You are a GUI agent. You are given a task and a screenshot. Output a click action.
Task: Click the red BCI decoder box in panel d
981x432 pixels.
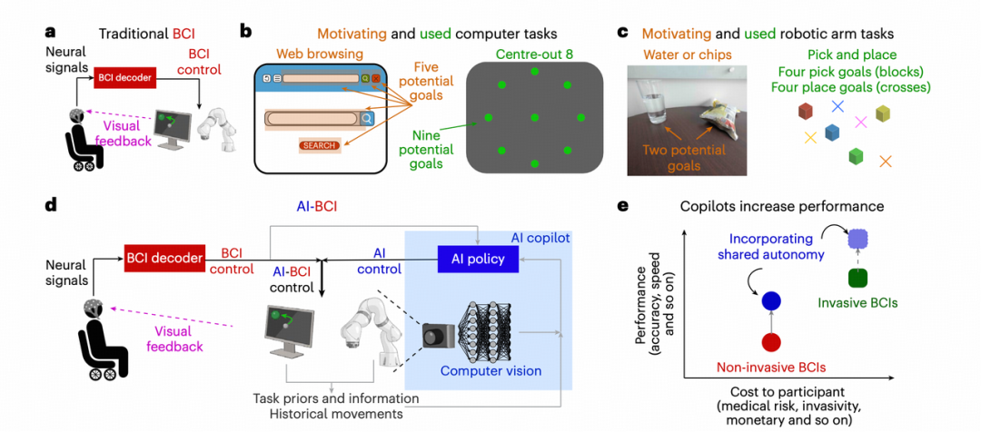[x=163, y=258]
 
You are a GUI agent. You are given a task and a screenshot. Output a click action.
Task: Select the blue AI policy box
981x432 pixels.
[x=478, y=259]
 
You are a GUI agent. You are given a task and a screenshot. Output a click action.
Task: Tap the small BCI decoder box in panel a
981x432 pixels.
[x=123, y=79]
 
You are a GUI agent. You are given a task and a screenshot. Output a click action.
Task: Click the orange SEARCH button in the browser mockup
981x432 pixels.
[x=320, y=145]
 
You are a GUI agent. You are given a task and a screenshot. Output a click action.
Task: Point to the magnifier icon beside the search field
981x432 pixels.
[x=366, y=118]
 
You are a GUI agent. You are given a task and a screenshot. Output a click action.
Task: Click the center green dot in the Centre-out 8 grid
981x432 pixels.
[x=533, y=117]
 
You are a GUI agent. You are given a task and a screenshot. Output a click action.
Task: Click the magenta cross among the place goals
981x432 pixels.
[x=862, y=122]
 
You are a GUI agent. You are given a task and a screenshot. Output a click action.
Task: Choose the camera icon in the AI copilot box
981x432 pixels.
[x=438, y=335]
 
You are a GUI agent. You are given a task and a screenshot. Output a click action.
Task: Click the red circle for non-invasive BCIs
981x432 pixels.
[x=771, y=342]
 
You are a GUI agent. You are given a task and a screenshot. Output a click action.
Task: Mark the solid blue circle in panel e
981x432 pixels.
[x=771, y=300]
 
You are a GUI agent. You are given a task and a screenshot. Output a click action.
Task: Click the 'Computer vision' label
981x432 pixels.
[x=490, y=370]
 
